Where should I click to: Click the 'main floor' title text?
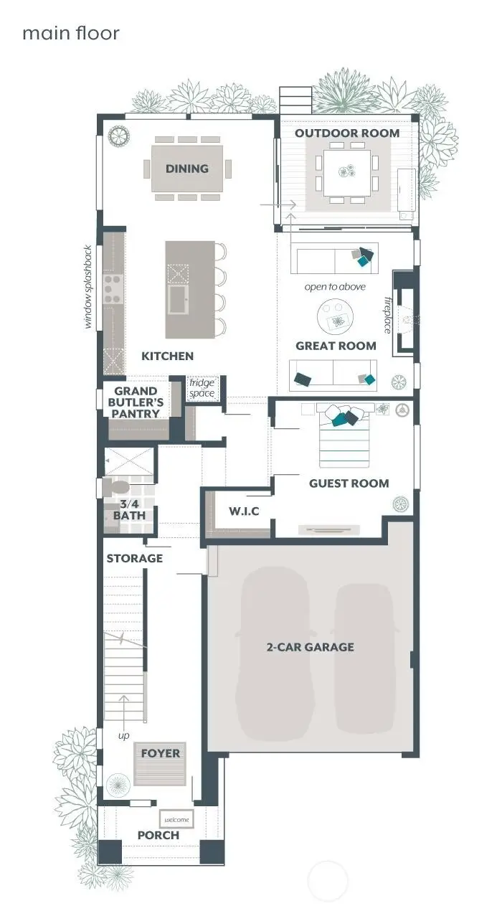(70, 33)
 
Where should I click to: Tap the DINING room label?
(187, 169)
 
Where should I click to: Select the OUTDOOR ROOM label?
(347, 133)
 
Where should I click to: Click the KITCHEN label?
(167, 356)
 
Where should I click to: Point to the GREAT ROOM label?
(336, 346)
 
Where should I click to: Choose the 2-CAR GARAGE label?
(310, 647)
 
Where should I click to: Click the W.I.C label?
(244, 511)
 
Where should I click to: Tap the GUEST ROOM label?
(349, 483)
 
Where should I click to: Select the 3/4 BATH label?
(129, 509)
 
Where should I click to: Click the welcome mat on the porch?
(176, 819)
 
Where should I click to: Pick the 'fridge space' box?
(202, 388)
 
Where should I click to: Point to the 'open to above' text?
(335, 287)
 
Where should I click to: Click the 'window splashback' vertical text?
(89, 287)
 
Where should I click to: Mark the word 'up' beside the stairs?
(123, 736)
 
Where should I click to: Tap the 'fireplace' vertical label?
(387, 314)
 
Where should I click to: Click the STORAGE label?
(135, 558)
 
